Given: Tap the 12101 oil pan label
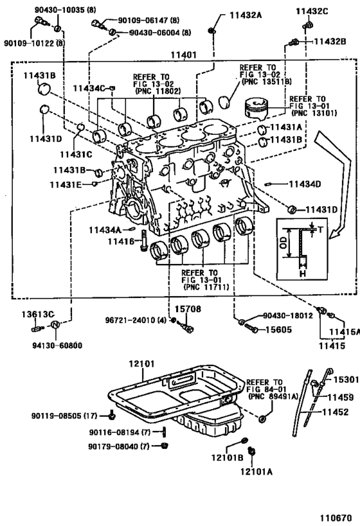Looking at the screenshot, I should [142, 364].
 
